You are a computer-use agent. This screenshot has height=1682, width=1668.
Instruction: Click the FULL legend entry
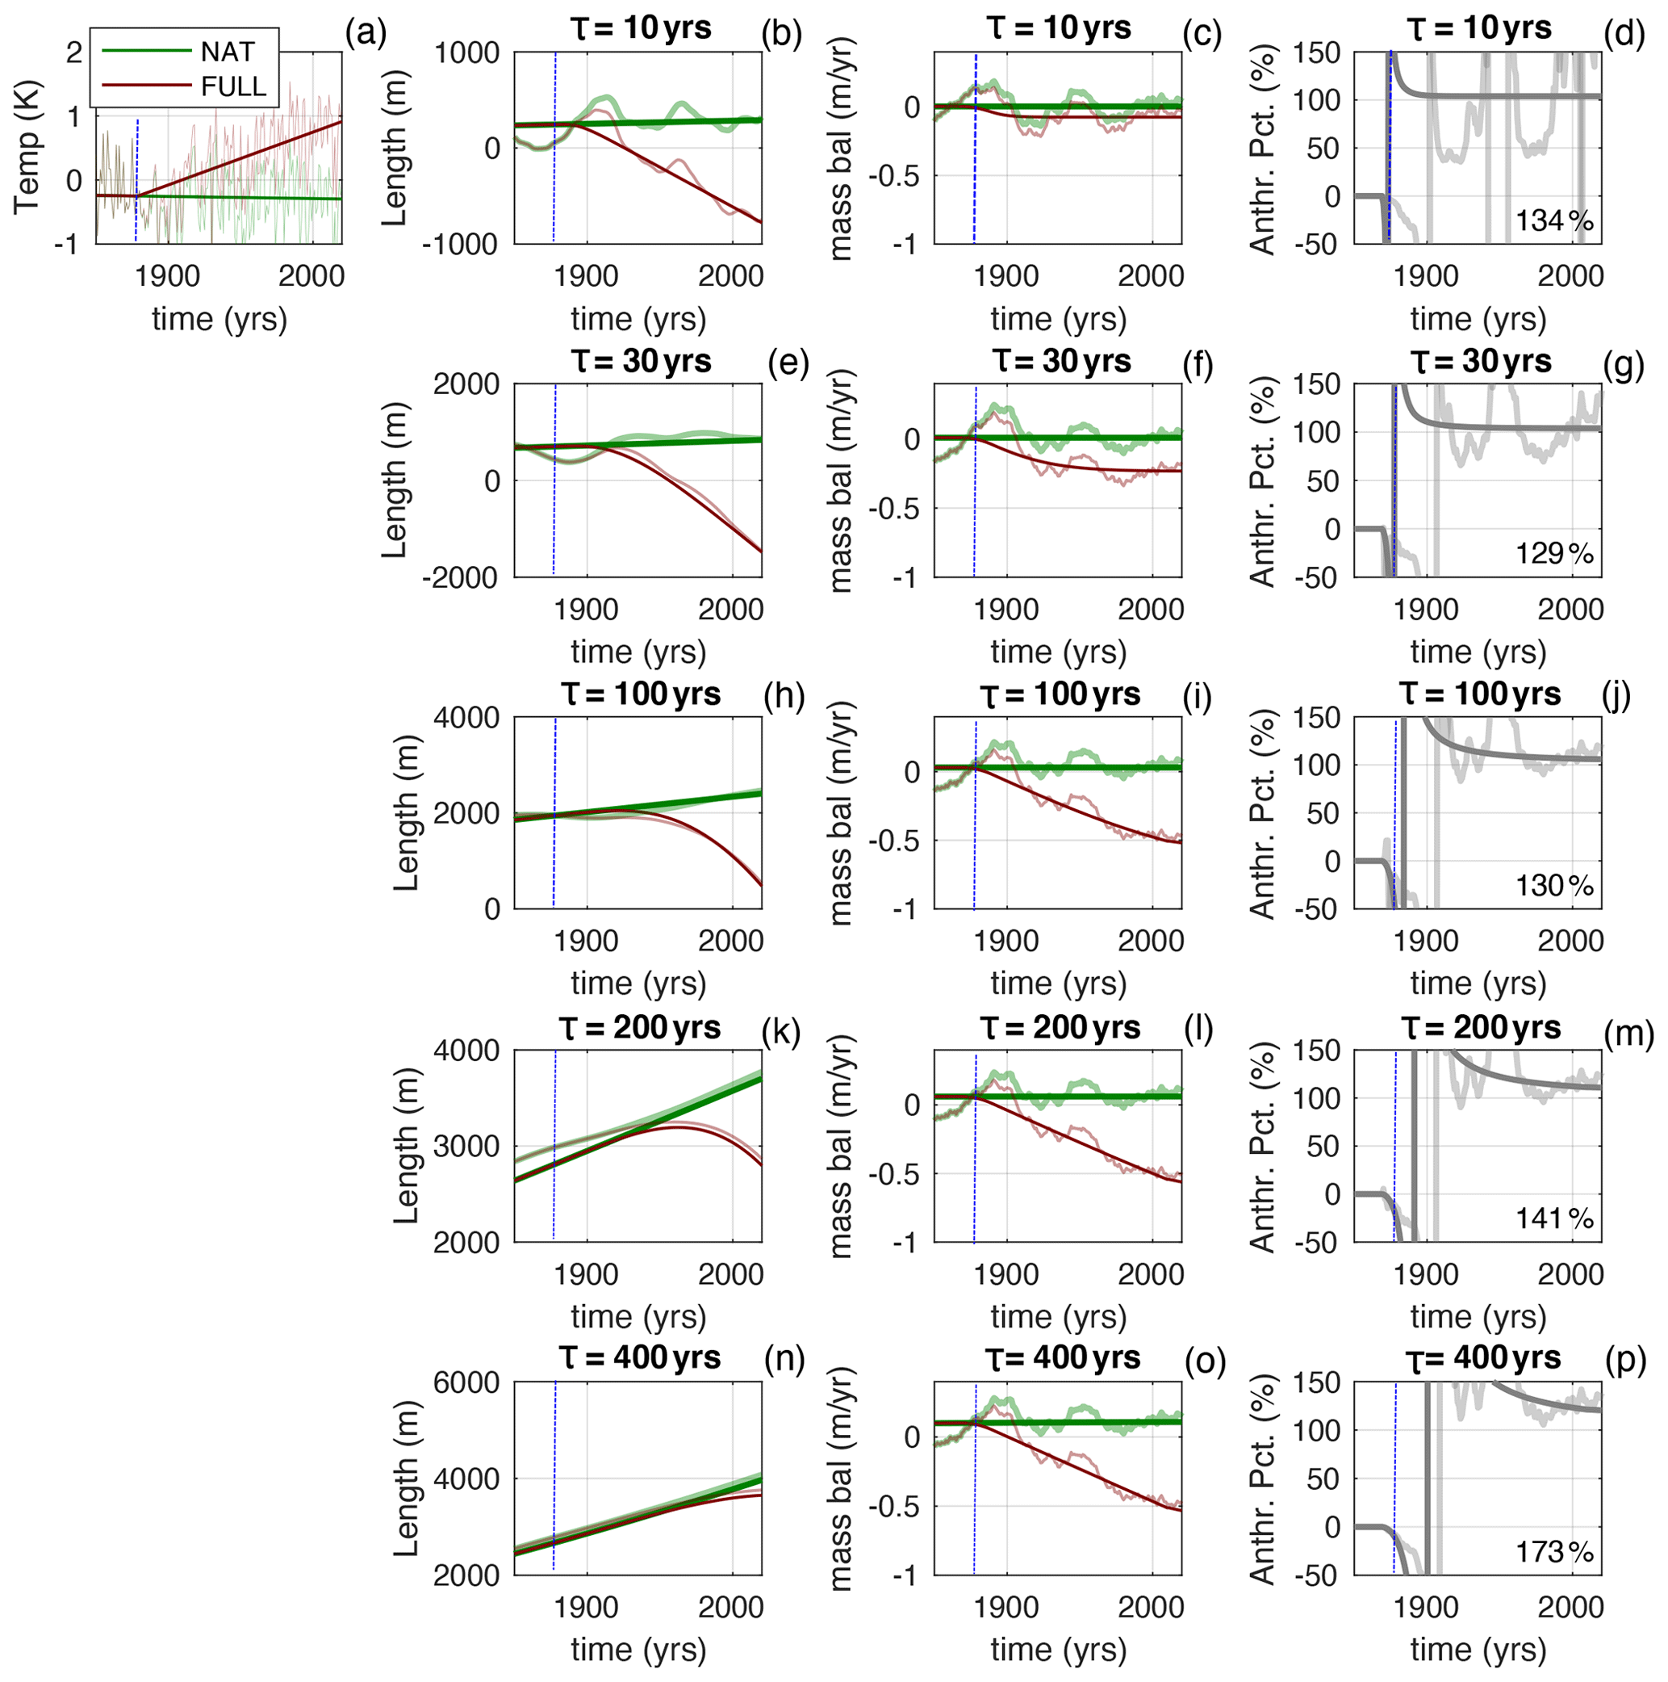click(x=233, y=86)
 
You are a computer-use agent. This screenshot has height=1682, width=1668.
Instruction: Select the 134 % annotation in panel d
click(x=1554, y=221)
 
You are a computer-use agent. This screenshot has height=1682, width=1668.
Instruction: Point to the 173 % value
click(x=1554, y=1551)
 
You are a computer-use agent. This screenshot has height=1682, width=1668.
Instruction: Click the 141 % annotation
click(x=1554, y=1218)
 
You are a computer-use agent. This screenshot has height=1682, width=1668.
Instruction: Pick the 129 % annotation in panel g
click(x=1554, y=553)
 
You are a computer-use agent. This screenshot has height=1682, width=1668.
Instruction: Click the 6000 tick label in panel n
click(x=466, y=1383)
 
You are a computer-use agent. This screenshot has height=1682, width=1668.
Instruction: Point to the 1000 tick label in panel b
click(x=466, y=53)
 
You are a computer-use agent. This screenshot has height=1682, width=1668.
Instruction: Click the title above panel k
click(x=640, y=1028)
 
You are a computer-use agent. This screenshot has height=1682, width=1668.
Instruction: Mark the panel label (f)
click(x=1198, y=363)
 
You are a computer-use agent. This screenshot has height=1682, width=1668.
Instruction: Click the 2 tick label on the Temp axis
click(x=74, y=52)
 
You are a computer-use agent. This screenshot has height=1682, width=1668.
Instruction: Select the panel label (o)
click(x=1204, y=1360)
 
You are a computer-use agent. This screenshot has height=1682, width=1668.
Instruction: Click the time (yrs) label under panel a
click(x=219, y=320)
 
